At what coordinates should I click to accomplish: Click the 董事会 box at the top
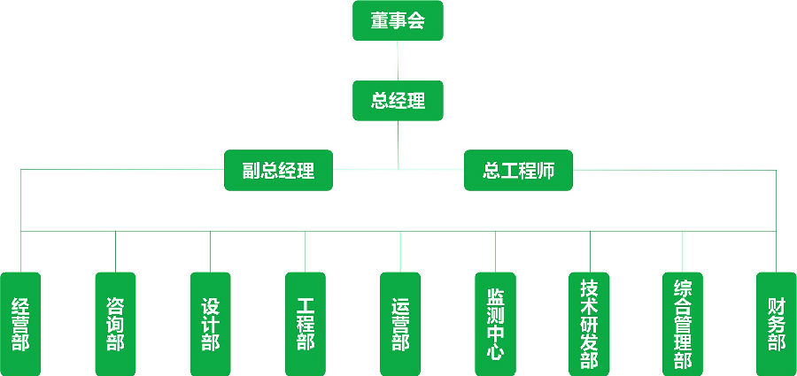point(398,21)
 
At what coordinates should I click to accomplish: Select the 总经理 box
point(398,101)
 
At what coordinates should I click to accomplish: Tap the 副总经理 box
point(279,170)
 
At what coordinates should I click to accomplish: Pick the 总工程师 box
point(518,170)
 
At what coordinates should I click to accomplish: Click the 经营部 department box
point(20,323)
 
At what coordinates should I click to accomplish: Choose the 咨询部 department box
point(115,323)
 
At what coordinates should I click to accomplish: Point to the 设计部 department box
point(210,323)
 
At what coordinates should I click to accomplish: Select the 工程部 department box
point(306,323)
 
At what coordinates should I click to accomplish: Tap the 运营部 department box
point(400,323)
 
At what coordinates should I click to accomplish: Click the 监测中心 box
point(495,323)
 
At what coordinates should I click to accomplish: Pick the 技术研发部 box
point(589,323)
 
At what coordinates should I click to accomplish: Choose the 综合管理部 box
point(683,323)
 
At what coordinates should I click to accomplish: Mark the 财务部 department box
point(777,323)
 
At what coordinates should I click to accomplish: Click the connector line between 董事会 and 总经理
point(398,61)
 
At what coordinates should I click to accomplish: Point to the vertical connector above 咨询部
point(115,252)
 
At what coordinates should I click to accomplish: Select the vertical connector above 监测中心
point(495,252)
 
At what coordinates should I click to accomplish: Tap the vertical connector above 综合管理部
point(683,252)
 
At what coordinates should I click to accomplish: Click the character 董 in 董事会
point(380,21)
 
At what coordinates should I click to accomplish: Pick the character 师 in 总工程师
point(546,170)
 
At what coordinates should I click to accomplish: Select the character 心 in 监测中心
point(495,352)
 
